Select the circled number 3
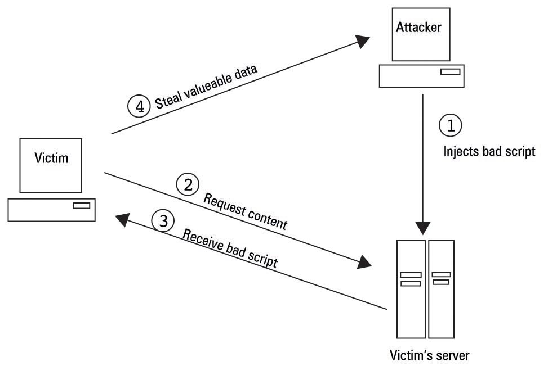click(163, 222)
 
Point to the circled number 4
click(139, 106)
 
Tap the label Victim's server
click(429, 355)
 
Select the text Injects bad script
click(489, 152)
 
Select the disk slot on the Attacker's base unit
click(450, 72)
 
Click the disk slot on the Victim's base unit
click(81, 206)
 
